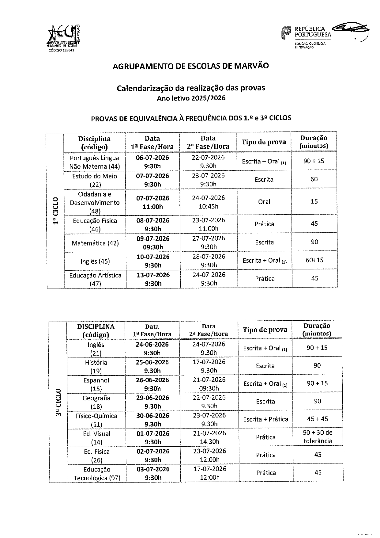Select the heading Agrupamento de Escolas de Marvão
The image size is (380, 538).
click(x=191, y=66)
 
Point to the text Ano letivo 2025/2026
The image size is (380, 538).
click(x=191, y=98)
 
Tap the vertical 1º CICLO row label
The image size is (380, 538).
click(x=55, y=212)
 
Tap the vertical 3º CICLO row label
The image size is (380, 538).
click(x=58, y=402)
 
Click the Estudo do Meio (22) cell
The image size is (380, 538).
click(x=95, y=180)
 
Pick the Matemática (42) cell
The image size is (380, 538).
click(x=95, y=243)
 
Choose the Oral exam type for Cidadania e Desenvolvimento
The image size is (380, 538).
click(x=264, y=202)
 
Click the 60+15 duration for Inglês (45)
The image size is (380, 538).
click(x=314, y=260)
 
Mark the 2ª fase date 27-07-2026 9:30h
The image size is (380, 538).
click(x=209, y=242)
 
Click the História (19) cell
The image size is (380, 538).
click(x=96, y=367)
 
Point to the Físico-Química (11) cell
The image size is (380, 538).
click(x=96, y=420)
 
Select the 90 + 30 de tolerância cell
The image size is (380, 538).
click(x=318, y=437)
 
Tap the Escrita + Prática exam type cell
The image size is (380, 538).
click(x=265, y=419)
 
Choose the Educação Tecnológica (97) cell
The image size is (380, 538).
click(x=97, y=473)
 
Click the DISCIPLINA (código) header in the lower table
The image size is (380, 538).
click(x=96, y=330)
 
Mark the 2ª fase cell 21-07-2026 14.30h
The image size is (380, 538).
click(x=210, y=437)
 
